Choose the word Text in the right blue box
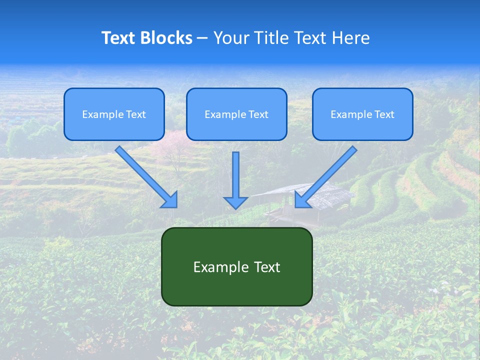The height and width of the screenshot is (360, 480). tap(384, 114)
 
